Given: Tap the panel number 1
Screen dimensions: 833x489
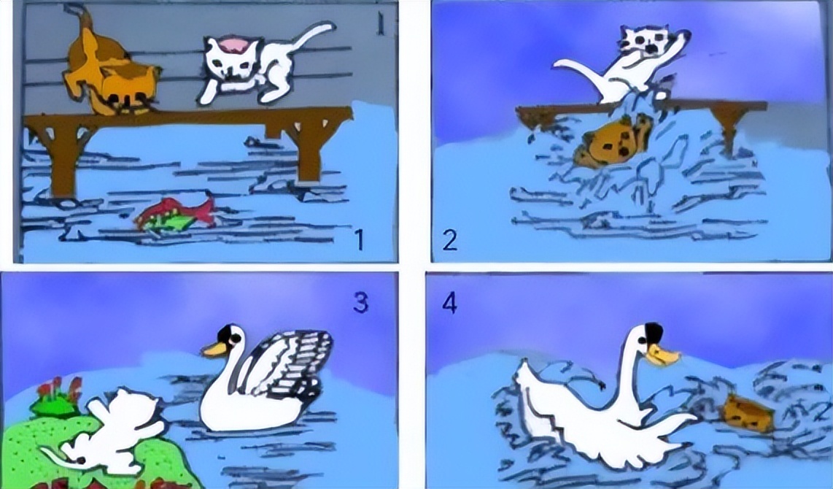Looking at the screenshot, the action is point(360,239).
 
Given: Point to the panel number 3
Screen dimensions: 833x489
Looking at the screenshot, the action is point(360,303).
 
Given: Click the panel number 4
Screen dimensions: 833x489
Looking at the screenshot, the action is point(449,304).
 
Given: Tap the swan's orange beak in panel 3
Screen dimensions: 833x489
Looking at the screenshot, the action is point(214,349).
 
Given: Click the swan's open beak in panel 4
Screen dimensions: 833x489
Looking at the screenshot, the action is point(662,355).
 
